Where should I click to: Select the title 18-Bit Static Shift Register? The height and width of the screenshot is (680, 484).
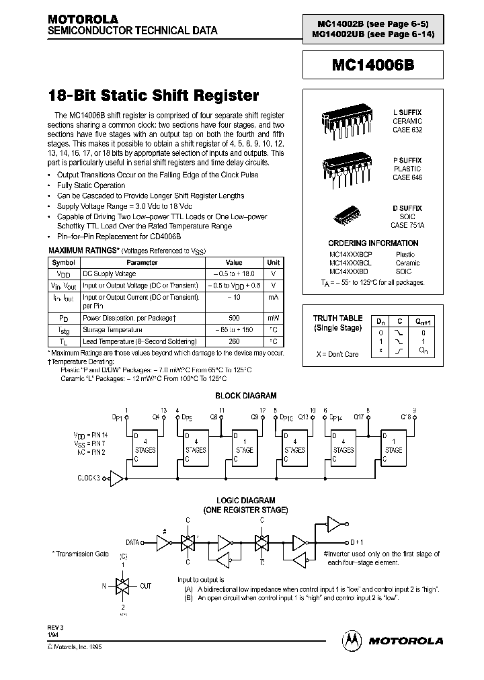click(x=153, y=95)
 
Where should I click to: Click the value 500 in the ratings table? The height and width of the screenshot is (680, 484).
click(x=233, y=317)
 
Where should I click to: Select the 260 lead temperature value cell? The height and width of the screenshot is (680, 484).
click(x=233, y=341)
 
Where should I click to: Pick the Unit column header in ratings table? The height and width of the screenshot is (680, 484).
click(x=274, y=263)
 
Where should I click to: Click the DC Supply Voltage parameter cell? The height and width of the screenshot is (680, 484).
click(x=109, y=274)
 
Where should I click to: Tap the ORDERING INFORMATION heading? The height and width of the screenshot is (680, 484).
click(x=373, y=243)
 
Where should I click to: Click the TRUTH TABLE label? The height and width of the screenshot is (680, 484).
click(x=337, y=318)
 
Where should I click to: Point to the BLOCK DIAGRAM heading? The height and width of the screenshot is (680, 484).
click(x=245, y=396)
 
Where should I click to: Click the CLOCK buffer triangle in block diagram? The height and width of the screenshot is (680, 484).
click(x=116, y=478)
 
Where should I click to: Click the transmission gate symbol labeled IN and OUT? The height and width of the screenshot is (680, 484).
click(x=123, y=586)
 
